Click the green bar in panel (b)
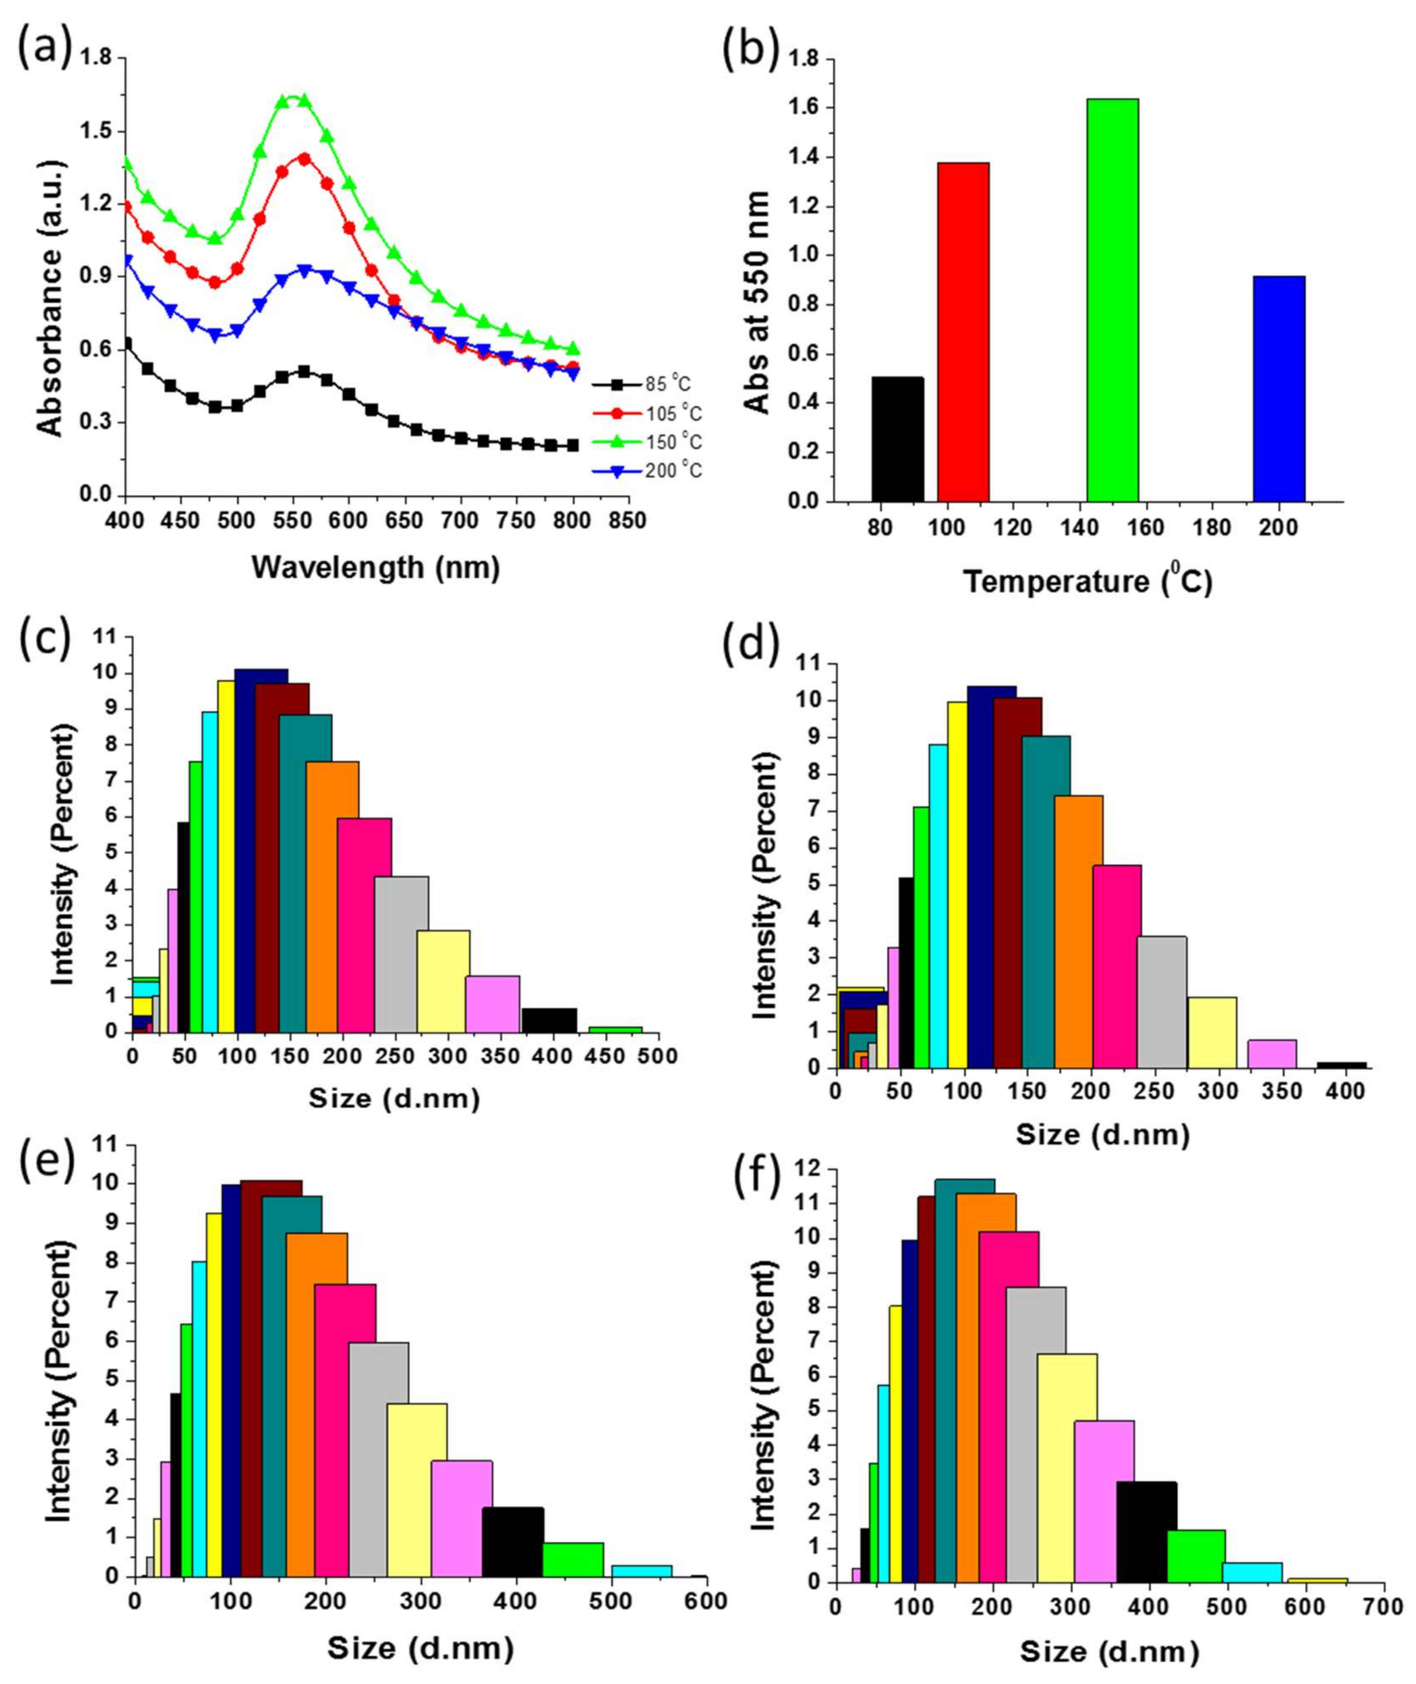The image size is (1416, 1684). click(1112, 301)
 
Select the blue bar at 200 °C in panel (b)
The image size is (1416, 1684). click(1279, 389)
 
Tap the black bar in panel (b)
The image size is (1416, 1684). click(898, 440)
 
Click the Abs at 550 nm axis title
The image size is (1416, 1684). click(756, 303)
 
